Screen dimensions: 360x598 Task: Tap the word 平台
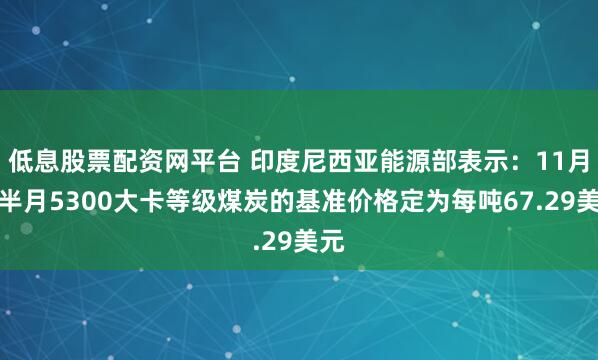tap(220, 157)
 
